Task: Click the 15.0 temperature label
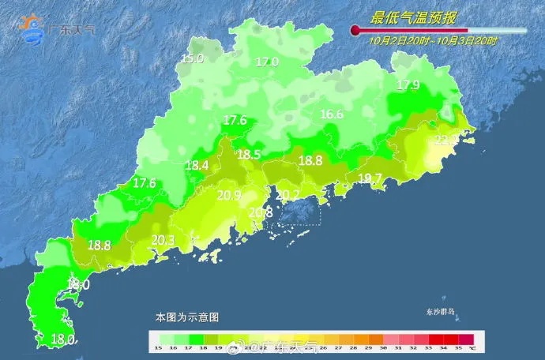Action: [193, 58]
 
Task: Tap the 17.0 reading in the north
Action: [267, 62]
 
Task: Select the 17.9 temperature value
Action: [408, 84]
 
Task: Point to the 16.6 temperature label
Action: [332, 114]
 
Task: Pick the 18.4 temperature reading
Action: [197, 165]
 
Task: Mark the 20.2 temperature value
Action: [288, 195]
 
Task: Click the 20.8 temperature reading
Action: [261, 212]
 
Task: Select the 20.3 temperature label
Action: [163, 240]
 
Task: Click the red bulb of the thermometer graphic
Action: [355, 31]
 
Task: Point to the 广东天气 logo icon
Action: [33, 28]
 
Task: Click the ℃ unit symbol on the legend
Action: [472, 347]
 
